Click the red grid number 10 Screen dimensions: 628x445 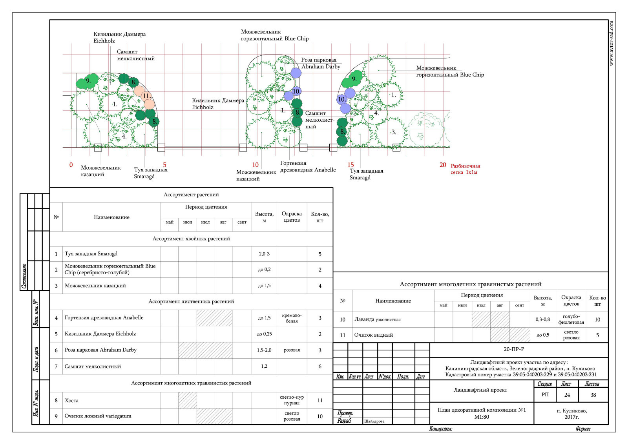[255, 165]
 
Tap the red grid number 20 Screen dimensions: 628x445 [443, 165]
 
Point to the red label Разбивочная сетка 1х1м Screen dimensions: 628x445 [466, 169]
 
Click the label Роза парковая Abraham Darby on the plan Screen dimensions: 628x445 [321, 63]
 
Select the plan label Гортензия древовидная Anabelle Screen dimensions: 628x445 [308, 166]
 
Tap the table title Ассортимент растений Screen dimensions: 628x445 [191, 195]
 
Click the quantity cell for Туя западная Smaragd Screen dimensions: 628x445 [320, 254]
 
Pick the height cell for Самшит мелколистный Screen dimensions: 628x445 [264, 366]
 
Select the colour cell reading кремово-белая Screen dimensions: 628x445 [292, 318]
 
